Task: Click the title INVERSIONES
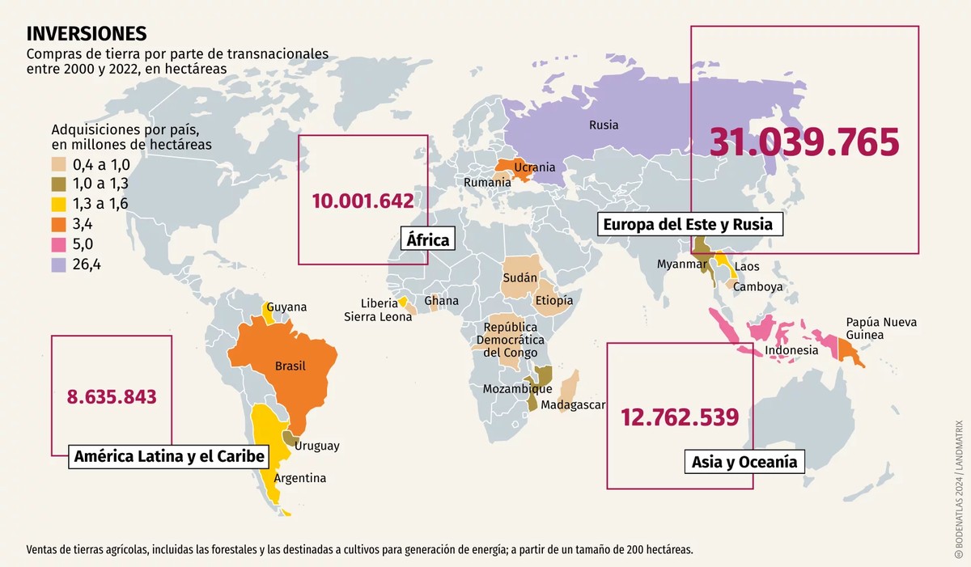(87, 33)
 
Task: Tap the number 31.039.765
(804, 142)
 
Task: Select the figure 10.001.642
(363, 201)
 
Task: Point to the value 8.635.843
(112, 396)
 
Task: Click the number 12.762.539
(680, 417)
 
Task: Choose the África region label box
(427, 240)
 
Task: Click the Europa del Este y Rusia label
(690, 223)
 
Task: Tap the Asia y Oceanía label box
(744, 462)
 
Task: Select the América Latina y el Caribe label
(169, 456)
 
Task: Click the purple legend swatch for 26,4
(59, 264)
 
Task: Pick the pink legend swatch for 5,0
(59, 243)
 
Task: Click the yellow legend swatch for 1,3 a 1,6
(59, 204)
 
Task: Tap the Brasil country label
(290, 366)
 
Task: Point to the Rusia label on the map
(604, 125)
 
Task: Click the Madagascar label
(573, 404)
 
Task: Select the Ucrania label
(535, 167)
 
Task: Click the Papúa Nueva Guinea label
(881, 328)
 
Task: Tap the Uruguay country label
(317, 446)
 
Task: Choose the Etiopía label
(553, 300)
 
